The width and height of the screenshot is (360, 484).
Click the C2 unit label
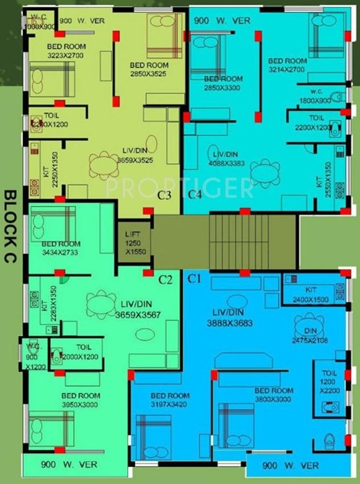(x=166, y=279)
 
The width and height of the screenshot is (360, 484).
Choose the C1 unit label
(x=193, y=278)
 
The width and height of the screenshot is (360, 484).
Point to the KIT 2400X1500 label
(x=310, y=296)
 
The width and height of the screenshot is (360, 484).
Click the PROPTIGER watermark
(x=179, y=187)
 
